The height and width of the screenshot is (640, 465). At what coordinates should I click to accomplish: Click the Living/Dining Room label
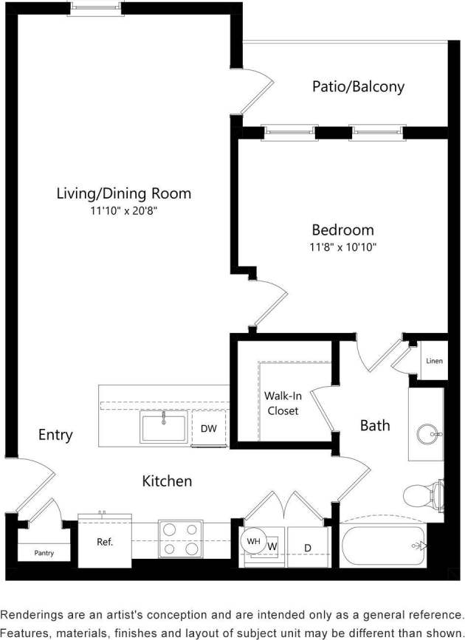(123, 193)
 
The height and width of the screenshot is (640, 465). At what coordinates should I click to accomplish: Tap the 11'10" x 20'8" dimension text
(123, 211)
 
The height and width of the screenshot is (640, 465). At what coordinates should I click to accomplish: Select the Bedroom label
(342, 230)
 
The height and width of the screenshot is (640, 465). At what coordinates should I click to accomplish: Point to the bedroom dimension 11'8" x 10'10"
(342, 247)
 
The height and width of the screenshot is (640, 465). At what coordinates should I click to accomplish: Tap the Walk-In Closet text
(283, 402)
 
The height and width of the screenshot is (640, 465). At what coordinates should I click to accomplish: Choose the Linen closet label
(435, 361)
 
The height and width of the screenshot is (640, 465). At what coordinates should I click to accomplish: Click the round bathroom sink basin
(427, 434)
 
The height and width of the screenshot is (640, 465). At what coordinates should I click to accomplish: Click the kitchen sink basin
(164, 428)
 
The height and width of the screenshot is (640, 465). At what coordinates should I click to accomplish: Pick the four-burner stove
(181, 539)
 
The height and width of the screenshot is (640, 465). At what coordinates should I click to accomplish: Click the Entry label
(55, 435)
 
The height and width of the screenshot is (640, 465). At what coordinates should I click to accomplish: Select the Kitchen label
(167, 481)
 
